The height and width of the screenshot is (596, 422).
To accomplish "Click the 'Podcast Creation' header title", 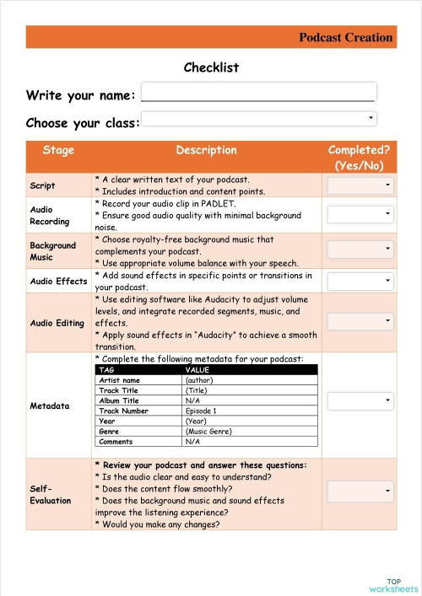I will pyautogui.click(x=345, y=37).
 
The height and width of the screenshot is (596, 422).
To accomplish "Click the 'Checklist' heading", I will pyautogui.click(x=211, y=67).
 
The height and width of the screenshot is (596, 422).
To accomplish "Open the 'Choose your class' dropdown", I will pyautogui.click(x=258, y=118).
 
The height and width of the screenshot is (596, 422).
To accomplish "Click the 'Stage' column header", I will pyautogui.click(x=58, y=150).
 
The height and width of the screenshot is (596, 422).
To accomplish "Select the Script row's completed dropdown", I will pyautogui.click(x=360, y=185).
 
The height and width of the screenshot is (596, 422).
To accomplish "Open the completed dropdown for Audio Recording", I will pyautogui.click(x=360, y=215).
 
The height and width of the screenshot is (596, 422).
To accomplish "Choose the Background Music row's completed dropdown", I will pyautogui.click(x=360, y=249).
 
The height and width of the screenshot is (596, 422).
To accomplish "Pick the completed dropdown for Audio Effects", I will pyautogui.click(x=360, y=281).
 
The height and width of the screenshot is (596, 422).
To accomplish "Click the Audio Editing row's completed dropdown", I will pyautogui.click(x=360, y=321).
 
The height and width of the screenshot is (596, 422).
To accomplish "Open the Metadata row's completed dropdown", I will pyautogui.click(x=360, y=401).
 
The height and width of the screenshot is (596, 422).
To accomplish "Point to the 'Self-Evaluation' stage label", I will pyautogui.click(x=41, y=494).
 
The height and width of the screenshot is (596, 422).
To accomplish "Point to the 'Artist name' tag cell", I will pyautogui.click(x=119, y=380).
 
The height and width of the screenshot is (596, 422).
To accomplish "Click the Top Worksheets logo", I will pyautogui.click(x=393, y=584).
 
